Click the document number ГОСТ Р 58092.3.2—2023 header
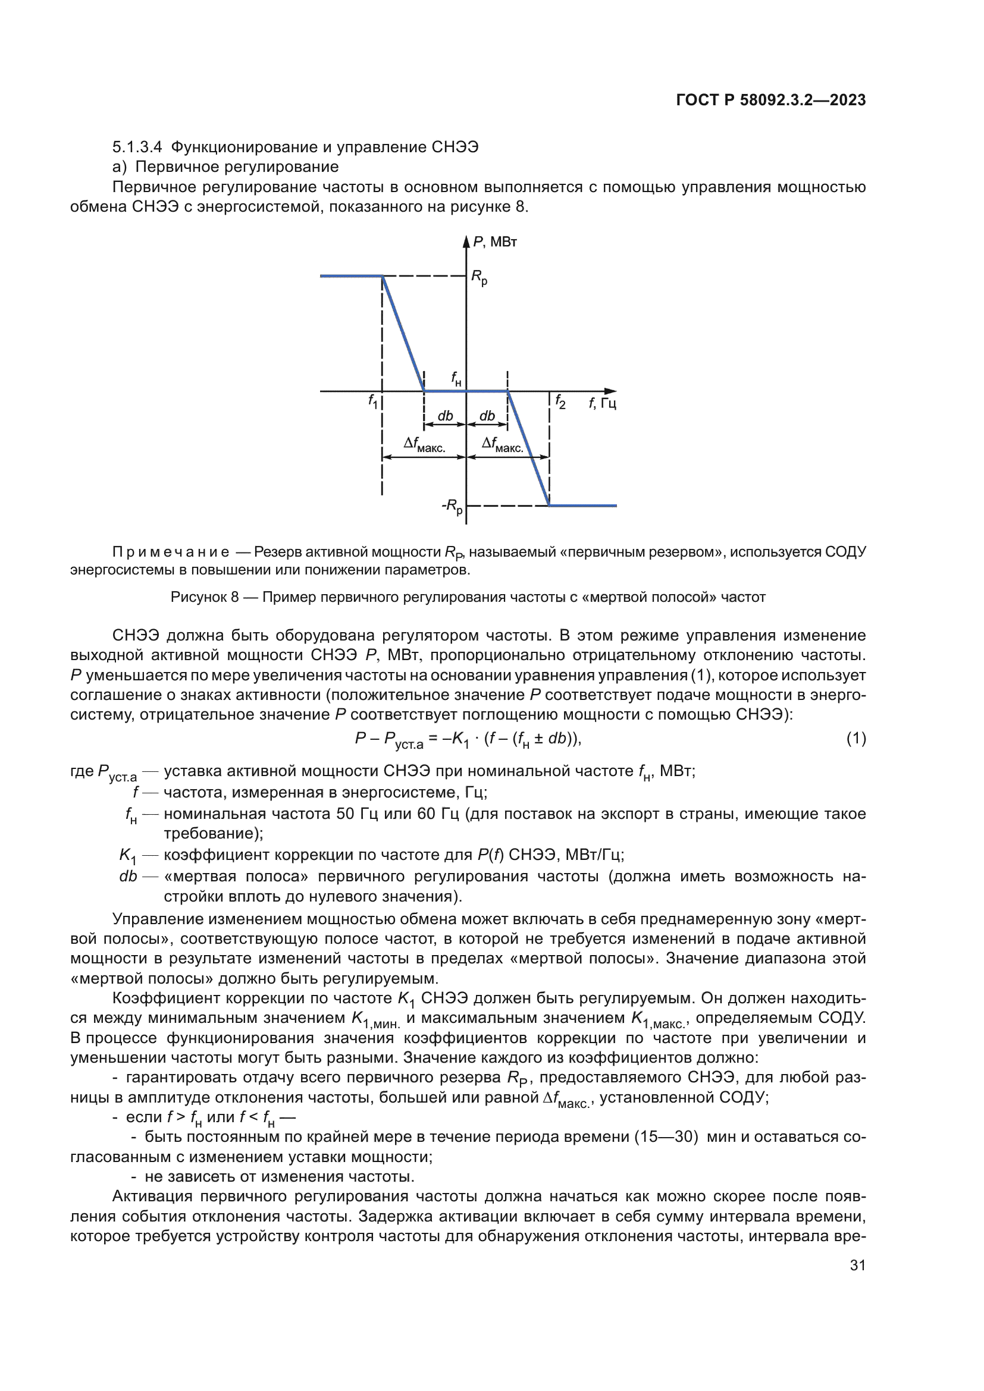pyautogui.click(x=770, y=100)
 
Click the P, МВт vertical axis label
pyautogui.click(x=494, y=242)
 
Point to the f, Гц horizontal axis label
pyautogui.click(x=602, y=403)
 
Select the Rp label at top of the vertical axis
pyautogui.click(x=480, y=278)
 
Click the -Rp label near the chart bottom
pyautogui.click(x=452, y=506)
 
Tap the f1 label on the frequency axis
pyautogui.click(x=372, y=400)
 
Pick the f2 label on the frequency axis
pyautogui.click(x=560, y=401)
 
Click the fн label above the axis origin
pyautogui.click(x=456, y=379)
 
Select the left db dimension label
pyautogui.click(x=446, y=416)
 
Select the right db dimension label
pyautogui.click(x=487, y=416)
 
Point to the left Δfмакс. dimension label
pyautogui.click(x=424, y=445)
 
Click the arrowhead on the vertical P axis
pyautogui.click(x=466, y=241)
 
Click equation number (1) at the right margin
pyautogui.click(x=856, y=739)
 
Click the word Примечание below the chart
pyautogui.click(x=171, y=552)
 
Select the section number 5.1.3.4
pyautogui.click(x=137, y=147)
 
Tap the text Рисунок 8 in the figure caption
pyautogui.click(x=204, y=597)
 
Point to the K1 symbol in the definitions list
pyautogui.click(x=128, y=855)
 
